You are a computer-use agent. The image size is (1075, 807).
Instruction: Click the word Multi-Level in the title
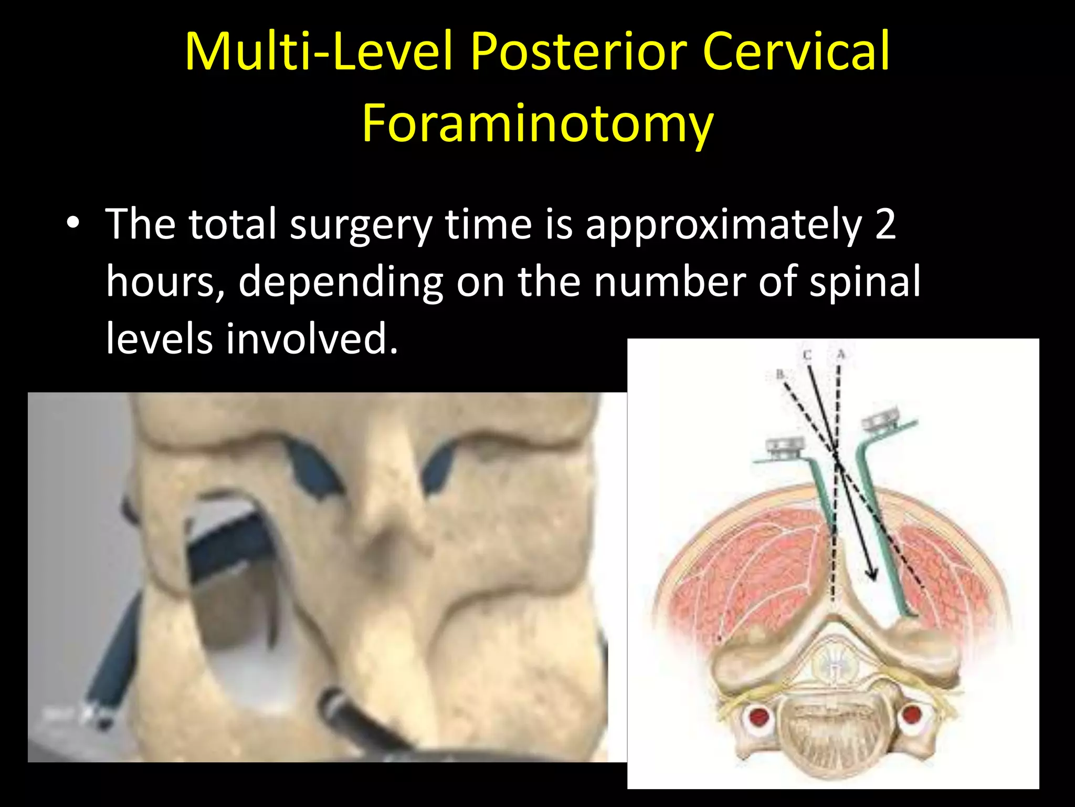point(318,51)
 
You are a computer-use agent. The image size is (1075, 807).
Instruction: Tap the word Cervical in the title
point(796,51)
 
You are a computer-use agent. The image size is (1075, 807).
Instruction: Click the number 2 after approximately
point(886,225)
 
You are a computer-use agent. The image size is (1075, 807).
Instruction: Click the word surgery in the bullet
point(361,225)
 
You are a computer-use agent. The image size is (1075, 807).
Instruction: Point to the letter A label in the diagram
point(841,355)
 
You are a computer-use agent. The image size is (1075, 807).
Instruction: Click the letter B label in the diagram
point(780,375)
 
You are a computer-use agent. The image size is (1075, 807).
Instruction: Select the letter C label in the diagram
point(807,356)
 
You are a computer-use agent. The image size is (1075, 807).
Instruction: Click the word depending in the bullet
point(341,282)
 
